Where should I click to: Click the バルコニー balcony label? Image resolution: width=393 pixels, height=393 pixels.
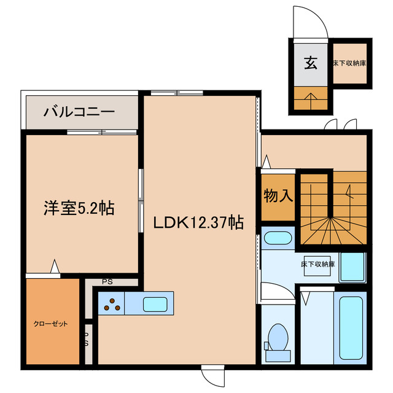[78, 112]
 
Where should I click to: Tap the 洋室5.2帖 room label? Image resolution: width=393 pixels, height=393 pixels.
[79, 208]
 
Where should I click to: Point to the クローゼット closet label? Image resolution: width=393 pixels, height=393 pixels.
[50, 324]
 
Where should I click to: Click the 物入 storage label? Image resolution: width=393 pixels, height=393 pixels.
[278, 196]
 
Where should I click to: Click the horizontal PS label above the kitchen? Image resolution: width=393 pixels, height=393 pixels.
[107, 282]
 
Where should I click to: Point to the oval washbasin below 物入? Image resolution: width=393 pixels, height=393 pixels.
[278, 237]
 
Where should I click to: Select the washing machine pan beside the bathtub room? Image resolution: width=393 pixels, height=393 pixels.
[352, 267]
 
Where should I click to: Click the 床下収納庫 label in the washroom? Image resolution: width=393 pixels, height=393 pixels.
[318, 264]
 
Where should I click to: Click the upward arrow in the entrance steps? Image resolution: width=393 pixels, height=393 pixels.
[311, 98]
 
